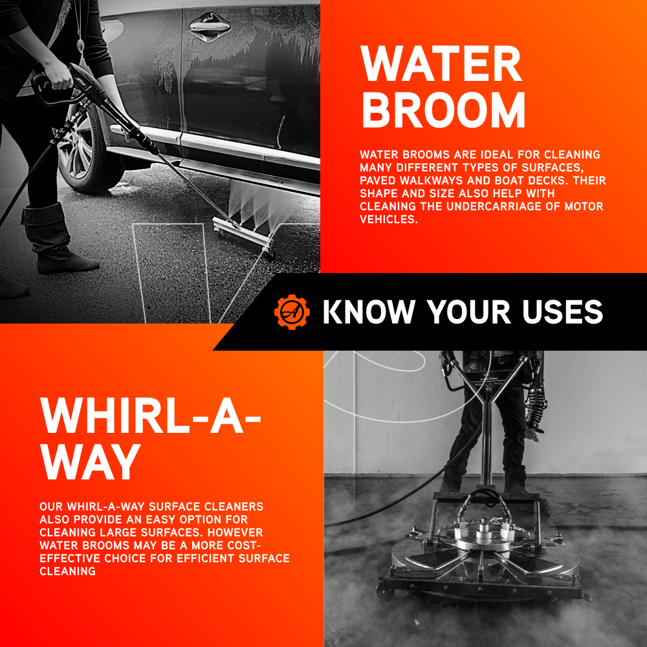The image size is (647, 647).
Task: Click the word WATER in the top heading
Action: tap(441, 63)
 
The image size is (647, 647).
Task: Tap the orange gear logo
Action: tap(292, 312)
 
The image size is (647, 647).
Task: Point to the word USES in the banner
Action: tap(562, 312)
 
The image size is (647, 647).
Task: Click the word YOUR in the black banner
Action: tap(468, 312)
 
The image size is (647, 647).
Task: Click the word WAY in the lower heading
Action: tap(91, 462)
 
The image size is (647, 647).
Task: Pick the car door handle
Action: tap(210, 27)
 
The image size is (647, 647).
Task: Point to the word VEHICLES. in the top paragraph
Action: tap(389, 219)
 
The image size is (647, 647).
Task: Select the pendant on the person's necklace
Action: tap(80, 45)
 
